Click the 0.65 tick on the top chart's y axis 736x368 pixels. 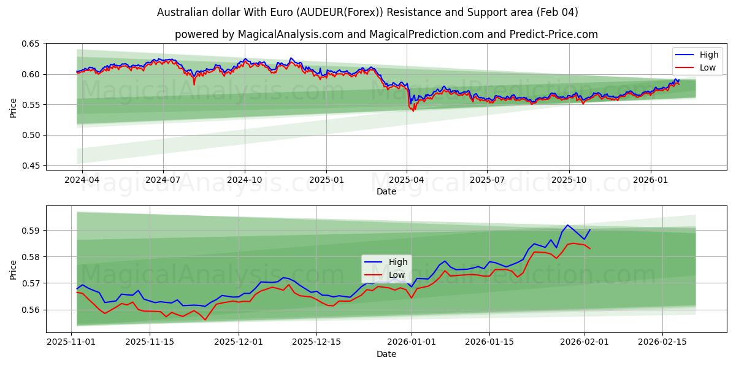(31, 44)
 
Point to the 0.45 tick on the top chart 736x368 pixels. (31, 166)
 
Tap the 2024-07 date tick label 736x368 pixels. (163, 180)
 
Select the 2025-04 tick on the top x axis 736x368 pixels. (406, 180)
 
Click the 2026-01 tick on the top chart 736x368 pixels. (650, 180)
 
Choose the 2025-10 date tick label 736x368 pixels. (569, 180)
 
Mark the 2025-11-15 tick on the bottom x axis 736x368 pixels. (150, 342)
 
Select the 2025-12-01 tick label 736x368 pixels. (238, 342)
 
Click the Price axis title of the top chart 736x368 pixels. (13, 107)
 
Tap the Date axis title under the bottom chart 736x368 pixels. (386, 354)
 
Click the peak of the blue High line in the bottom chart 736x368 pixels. (567, 225)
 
